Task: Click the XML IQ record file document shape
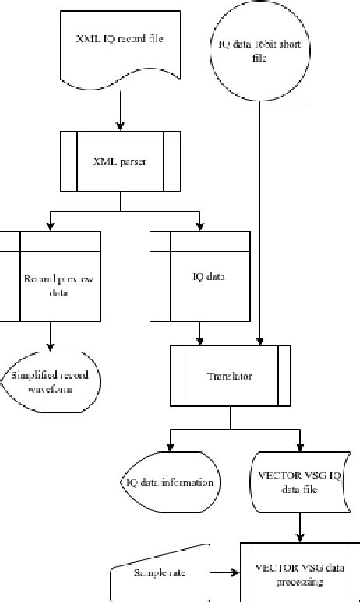click(x=120, y=43)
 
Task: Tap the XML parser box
click(x=120, y=161)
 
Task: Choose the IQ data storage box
click(x=200, y=277)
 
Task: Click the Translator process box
click(x=230, y=376)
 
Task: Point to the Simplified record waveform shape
click(x=50, y=381)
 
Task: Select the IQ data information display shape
click(x=170, y=482)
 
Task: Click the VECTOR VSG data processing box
click(x=299, y=573)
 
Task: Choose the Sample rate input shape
click(x=160, y=573)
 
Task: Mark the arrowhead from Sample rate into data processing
click(x=235, y=573)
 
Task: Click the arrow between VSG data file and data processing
click(x=299, y=527)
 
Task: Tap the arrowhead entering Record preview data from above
click(x=50, y=226)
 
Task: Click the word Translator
click(x=230, y=376)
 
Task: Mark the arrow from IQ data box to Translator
click(x=200, y=333)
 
